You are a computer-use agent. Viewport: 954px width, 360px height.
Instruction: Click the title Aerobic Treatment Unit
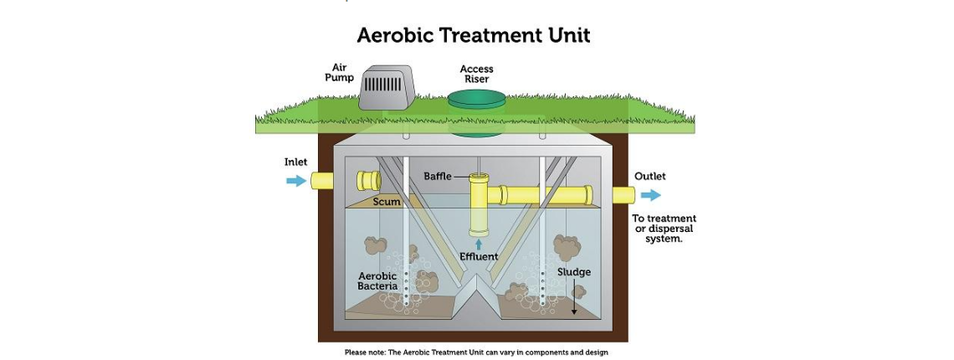click(x=474, y=35)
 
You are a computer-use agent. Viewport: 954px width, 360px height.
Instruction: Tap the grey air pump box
click(x=386, y=86)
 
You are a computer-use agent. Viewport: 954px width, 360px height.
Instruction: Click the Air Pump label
click(x=339, y=72)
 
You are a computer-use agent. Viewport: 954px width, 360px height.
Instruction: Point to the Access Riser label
click(x=476, y=74)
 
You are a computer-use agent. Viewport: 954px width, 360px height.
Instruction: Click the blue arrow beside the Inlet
click(x=296, y=181)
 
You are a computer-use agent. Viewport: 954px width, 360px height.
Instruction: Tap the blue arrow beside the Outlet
click(x=651, y=195)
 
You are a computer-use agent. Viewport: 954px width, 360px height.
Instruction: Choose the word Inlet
click(x=295, y=162)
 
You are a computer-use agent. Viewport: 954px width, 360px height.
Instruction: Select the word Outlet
click(x=649, y=177)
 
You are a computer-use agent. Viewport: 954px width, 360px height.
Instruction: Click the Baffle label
click(x=437, y=177)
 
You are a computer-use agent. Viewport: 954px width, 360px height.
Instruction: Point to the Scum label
click(x=387, y=202)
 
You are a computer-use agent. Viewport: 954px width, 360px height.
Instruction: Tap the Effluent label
click(x=479, y=257)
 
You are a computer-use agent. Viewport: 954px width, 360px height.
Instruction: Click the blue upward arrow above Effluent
click(x=479, y=244)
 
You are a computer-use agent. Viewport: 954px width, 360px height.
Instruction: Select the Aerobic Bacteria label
click(x=377, y=281)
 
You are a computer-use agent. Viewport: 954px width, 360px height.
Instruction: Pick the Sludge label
click(x=574, y=272)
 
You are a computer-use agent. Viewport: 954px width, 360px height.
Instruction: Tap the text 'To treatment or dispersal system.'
click(x=664, y=229)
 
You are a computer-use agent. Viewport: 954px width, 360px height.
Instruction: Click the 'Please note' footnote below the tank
click(x=476, y=352)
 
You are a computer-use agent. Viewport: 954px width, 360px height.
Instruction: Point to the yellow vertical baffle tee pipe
click(x=479, y=205)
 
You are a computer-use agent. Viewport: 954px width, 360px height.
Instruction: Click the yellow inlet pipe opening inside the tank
click(x=367, y=180)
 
